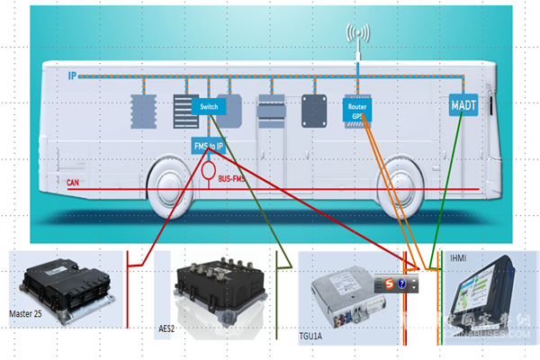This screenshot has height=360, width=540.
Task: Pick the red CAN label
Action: pyautogui.click(x=76, y=183)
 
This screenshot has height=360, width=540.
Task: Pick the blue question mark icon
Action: pyautogui.click(x=402, y=284)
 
